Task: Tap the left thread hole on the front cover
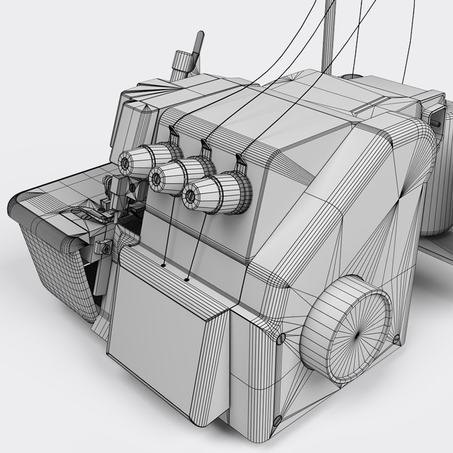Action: click(x=163, y=265)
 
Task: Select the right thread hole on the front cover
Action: click(x=187, y=279)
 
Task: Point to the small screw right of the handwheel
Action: click(x=396, y=338)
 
